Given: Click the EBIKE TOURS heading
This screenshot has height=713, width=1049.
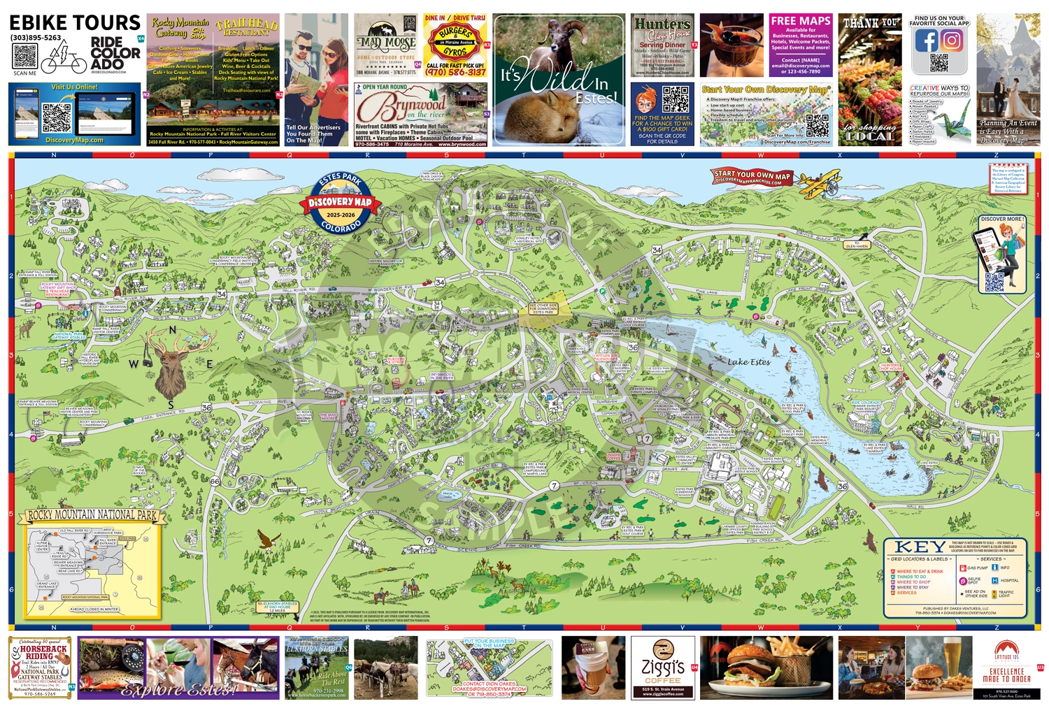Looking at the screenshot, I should (x=75, y=22).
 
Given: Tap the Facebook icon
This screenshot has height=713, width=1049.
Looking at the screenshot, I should (x=926, y=41).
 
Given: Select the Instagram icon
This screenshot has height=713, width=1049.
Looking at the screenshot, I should (x=952, y=41).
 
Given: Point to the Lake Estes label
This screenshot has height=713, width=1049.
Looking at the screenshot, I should (x=748, y=361).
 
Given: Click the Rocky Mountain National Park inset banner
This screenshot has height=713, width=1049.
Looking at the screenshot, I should (x=92, y=516).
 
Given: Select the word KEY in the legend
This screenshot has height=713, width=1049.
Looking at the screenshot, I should (x=920, y=547).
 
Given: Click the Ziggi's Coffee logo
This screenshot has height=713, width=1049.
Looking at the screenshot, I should (x=662, y=666).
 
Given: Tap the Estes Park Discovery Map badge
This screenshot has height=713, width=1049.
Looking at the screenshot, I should (x=340, y=203).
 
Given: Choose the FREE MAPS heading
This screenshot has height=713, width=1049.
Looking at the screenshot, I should (x=801, y=21).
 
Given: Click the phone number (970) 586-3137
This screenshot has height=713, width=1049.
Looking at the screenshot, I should (x=455, y=72).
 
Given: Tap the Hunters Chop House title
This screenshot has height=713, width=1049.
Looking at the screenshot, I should (x=662, y=28).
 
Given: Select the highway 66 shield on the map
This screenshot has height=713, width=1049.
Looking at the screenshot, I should (x=215, y=482).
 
